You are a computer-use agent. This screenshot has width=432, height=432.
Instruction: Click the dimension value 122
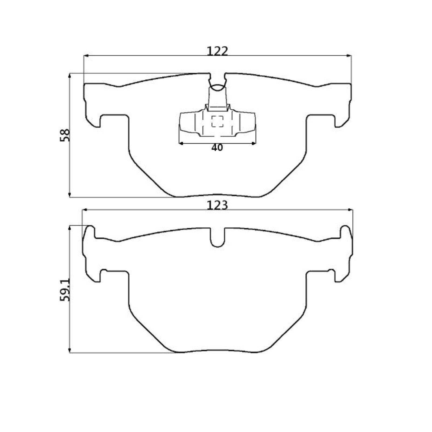coord(217,51)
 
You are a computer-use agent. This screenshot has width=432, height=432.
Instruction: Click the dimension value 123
coord(217,205)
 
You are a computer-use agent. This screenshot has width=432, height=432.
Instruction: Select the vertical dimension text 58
coord(65,135)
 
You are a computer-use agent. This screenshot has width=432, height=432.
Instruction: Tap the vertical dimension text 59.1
coord(65,290)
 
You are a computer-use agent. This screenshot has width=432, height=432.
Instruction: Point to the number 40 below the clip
coord(217,148)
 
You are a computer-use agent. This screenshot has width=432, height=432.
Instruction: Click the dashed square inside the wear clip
coord(217,121)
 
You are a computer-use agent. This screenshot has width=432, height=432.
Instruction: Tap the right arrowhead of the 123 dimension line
coord(351,210)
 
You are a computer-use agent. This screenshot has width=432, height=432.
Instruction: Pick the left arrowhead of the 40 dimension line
coord(181,143)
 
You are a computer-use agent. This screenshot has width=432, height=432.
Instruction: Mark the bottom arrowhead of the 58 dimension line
coord(70,195)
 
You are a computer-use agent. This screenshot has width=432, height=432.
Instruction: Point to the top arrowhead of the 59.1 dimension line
coord(70,228)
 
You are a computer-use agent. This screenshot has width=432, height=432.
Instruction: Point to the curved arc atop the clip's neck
coord(217,87)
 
